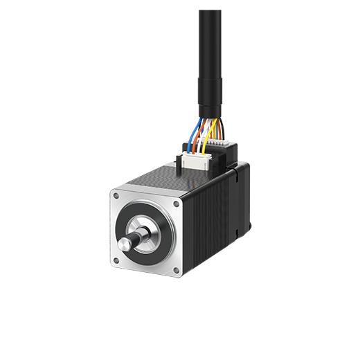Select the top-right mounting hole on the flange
click(x=176, y=204)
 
